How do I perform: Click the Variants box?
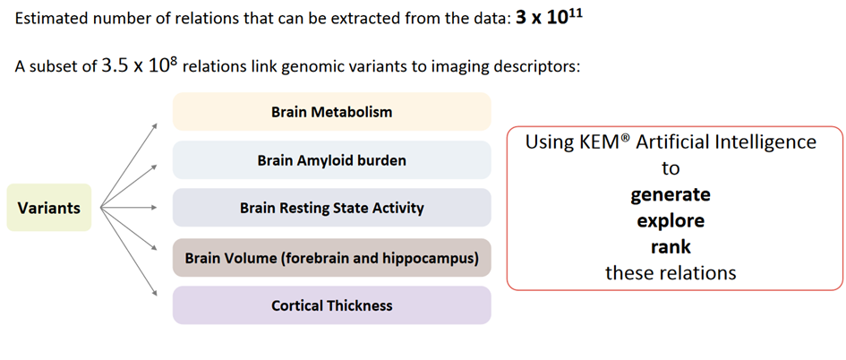point(49,207)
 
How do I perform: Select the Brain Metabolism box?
point(332,112)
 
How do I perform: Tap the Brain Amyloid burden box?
point(332,159)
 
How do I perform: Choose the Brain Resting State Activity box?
point(332,208)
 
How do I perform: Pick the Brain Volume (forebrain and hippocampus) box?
point(332,257)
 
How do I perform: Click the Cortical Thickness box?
point(332,305)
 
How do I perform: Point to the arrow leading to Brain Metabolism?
point(129,165)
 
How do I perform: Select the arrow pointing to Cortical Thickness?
point(129,252)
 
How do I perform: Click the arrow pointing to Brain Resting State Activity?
point(129,207)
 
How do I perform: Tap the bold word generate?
point(671,194)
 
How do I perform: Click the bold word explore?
point(671,220)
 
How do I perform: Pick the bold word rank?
point(671,246)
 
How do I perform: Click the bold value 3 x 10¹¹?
point(550,18)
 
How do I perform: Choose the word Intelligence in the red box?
point(766,142)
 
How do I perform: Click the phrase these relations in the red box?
point(671,272)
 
